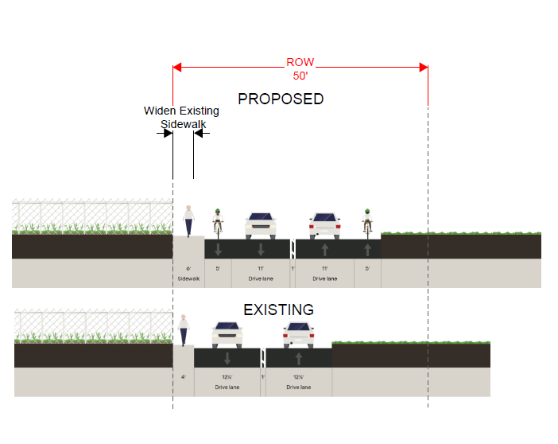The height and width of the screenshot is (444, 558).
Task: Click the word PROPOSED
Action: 281,99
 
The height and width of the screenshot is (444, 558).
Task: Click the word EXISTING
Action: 278,310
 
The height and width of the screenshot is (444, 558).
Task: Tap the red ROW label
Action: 300,62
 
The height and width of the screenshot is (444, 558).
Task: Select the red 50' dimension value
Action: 300,76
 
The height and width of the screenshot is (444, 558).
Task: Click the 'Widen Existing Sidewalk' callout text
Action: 182,118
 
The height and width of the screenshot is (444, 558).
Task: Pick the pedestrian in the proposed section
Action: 188,220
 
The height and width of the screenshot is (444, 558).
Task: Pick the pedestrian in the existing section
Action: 184,329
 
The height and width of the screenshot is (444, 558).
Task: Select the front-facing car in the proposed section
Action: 261,225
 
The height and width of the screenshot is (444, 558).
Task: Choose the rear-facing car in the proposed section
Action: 324,225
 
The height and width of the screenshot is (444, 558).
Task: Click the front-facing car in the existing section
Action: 227,334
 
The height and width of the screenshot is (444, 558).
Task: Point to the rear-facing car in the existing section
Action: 298,334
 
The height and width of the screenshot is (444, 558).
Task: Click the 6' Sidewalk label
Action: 189,275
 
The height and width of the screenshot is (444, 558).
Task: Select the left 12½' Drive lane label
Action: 227,383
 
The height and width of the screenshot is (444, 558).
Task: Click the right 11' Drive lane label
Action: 324,275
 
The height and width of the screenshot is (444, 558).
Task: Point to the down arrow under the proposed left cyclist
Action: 218,249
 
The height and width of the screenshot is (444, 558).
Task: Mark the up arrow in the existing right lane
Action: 298,358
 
